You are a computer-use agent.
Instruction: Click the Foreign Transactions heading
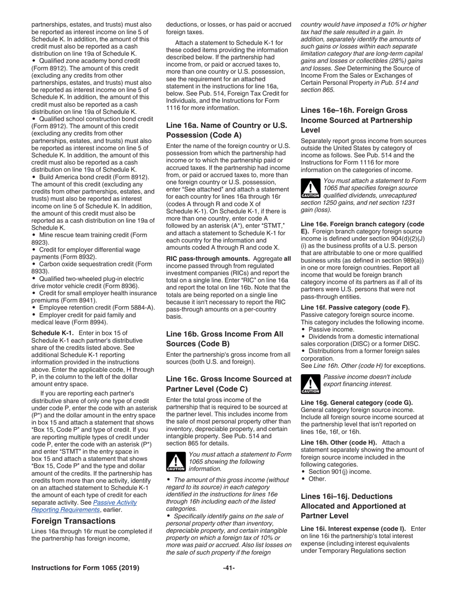(x=73, y=521)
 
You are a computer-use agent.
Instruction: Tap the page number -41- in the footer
(x=229, y=567)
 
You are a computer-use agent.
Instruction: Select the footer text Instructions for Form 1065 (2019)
(x=85, y=567)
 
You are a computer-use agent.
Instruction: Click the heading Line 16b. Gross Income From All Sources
(x=225, y=338)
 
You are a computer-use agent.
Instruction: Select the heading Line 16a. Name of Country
(x=226, y=130)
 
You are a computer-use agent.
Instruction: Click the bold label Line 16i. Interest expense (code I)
(x=353, y=529)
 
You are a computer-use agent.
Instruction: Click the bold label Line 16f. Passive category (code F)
(x=355, y=307)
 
